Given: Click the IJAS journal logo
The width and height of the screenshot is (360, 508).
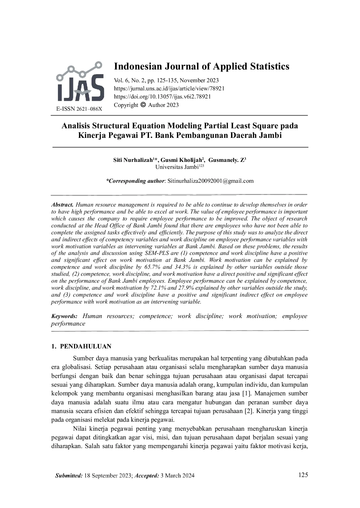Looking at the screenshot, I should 80,83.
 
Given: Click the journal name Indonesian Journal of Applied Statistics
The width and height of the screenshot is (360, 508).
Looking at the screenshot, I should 201,66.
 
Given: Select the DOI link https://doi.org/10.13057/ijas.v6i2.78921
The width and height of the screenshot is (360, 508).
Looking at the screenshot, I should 162,97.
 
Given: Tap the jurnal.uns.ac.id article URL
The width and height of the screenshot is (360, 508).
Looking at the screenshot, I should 169,89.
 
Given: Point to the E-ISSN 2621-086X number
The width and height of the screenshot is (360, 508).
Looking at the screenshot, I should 79,109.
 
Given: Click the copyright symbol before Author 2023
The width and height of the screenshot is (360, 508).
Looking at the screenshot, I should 143,105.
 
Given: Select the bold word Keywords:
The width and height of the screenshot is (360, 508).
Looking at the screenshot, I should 64,316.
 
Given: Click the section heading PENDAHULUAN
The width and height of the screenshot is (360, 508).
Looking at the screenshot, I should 86,347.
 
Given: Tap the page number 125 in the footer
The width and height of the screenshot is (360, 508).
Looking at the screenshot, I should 303,475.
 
